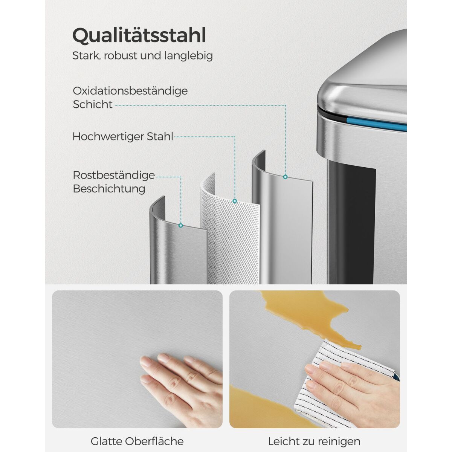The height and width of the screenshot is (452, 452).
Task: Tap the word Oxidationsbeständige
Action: pos(130,91)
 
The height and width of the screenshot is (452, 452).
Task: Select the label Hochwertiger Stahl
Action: pos(123,136)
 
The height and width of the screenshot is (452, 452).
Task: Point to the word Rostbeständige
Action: pos(114,175)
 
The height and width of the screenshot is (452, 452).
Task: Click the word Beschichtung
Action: pos(109,189)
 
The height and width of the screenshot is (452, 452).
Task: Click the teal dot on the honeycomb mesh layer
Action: pos(235,201)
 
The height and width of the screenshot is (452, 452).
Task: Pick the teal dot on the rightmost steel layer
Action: pos(285,177)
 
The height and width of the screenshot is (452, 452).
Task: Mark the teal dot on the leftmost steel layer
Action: pos(181,225)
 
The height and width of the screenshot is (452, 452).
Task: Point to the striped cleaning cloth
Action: pos(333,375)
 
